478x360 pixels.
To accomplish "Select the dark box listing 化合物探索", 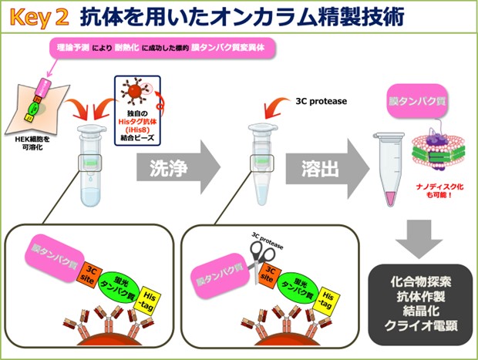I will click(x=419, y=300).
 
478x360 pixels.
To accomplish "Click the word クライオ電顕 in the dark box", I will click(x=419, y=325).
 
